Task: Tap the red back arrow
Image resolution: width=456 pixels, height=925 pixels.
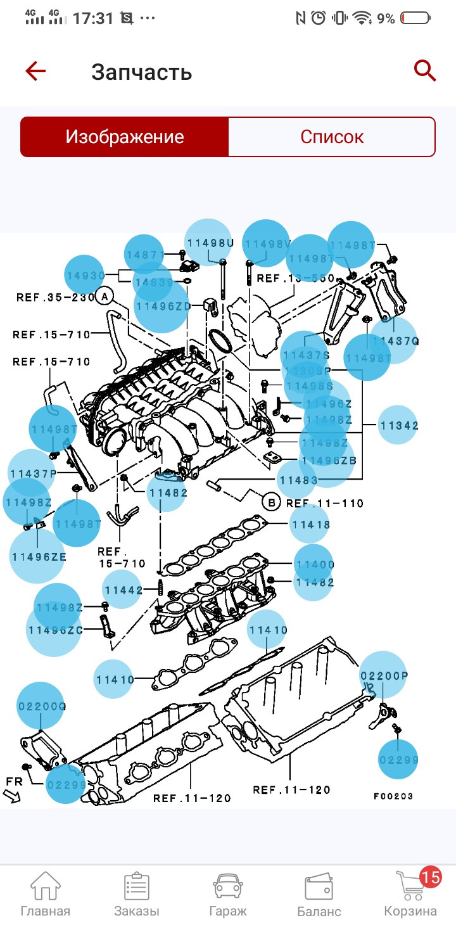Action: [x=35, y=71]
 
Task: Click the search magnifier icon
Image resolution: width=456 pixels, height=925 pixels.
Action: [x=425, y=71]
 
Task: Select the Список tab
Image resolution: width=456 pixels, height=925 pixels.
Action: [x=332, y=137]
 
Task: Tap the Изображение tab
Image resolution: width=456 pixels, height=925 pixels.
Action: [x=125, y=137]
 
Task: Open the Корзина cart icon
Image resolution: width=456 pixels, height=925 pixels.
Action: [x=410, y=886]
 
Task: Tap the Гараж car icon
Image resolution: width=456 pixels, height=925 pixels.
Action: [x=228, y=886]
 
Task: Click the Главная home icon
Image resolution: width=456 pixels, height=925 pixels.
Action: [x=46, y=886]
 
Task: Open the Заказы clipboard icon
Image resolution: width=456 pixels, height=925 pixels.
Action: [x=137, y=886]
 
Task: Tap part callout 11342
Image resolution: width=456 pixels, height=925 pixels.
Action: [x=399, y=426]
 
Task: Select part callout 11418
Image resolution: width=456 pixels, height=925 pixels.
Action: [x=310, y=525]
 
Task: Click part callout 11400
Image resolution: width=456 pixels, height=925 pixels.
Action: [x=315, y=564]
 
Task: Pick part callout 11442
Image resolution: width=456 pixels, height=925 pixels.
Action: [x=123, y=590]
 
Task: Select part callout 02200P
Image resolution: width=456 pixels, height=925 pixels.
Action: [x=384, y=675]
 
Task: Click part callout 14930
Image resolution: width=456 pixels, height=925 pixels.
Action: [x=85, y=276]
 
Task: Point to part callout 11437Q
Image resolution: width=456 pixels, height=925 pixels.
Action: [x=395, y=341]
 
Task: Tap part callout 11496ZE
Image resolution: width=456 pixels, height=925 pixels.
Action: [x=38, y=557]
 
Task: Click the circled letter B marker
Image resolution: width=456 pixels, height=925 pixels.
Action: [x=271, y=503]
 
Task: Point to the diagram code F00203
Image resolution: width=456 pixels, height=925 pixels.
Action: [x=393, y=796]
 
